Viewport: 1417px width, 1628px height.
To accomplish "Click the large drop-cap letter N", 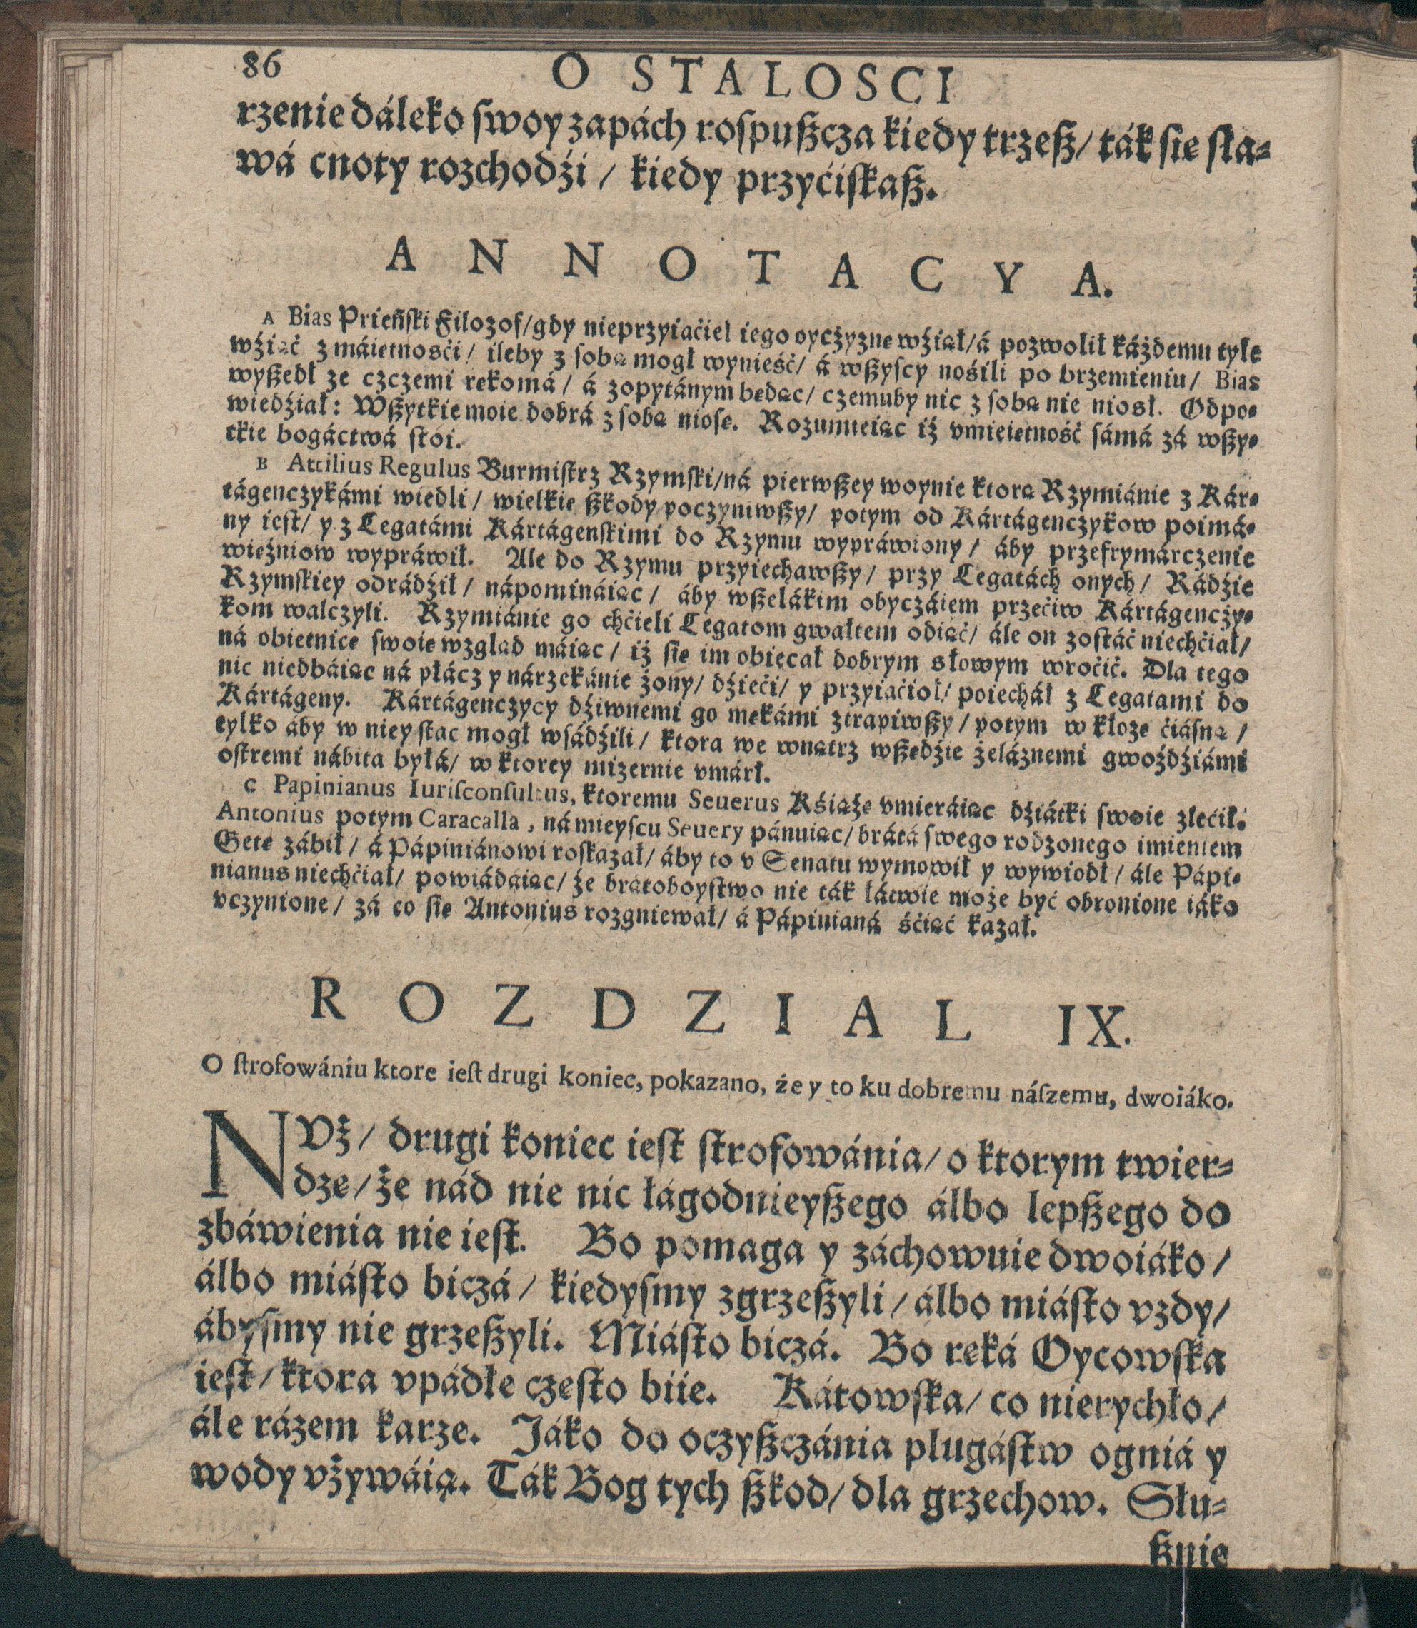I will [242, 1157].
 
